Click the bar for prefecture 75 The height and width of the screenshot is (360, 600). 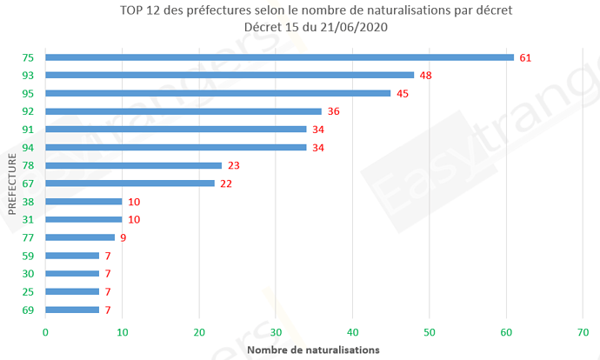pos(278,57)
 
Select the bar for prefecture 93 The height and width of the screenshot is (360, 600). pos(229,75)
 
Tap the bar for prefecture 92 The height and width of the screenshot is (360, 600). pos(183,111)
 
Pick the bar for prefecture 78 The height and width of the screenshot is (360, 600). pos(133,165)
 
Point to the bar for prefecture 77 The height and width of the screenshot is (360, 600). pos(80,237)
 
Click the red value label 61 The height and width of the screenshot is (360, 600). pos(524,57)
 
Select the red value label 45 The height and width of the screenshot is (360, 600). pos(402,93)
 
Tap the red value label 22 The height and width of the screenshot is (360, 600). pos(226,183)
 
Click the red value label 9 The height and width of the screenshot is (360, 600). pos(123,237)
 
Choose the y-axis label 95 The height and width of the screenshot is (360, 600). pos(28,93)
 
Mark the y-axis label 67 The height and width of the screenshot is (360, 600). pos(28,183)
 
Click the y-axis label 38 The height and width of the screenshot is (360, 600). pos(28,202)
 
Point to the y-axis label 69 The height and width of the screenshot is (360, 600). pos(28,310)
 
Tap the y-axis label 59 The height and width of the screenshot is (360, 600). pos(28,256)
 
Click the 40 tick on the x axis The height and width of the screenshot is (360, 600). pos(352,331)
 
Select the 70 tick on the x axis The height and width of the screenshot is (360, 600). pos(583,331)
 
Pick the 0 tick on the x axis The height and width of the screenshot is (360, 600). pos(45,331)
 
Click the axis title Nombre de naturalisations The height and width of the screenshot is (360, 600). pos(313,350)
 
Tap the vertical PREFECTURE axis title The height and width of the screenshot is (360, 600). pos(11,184)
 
